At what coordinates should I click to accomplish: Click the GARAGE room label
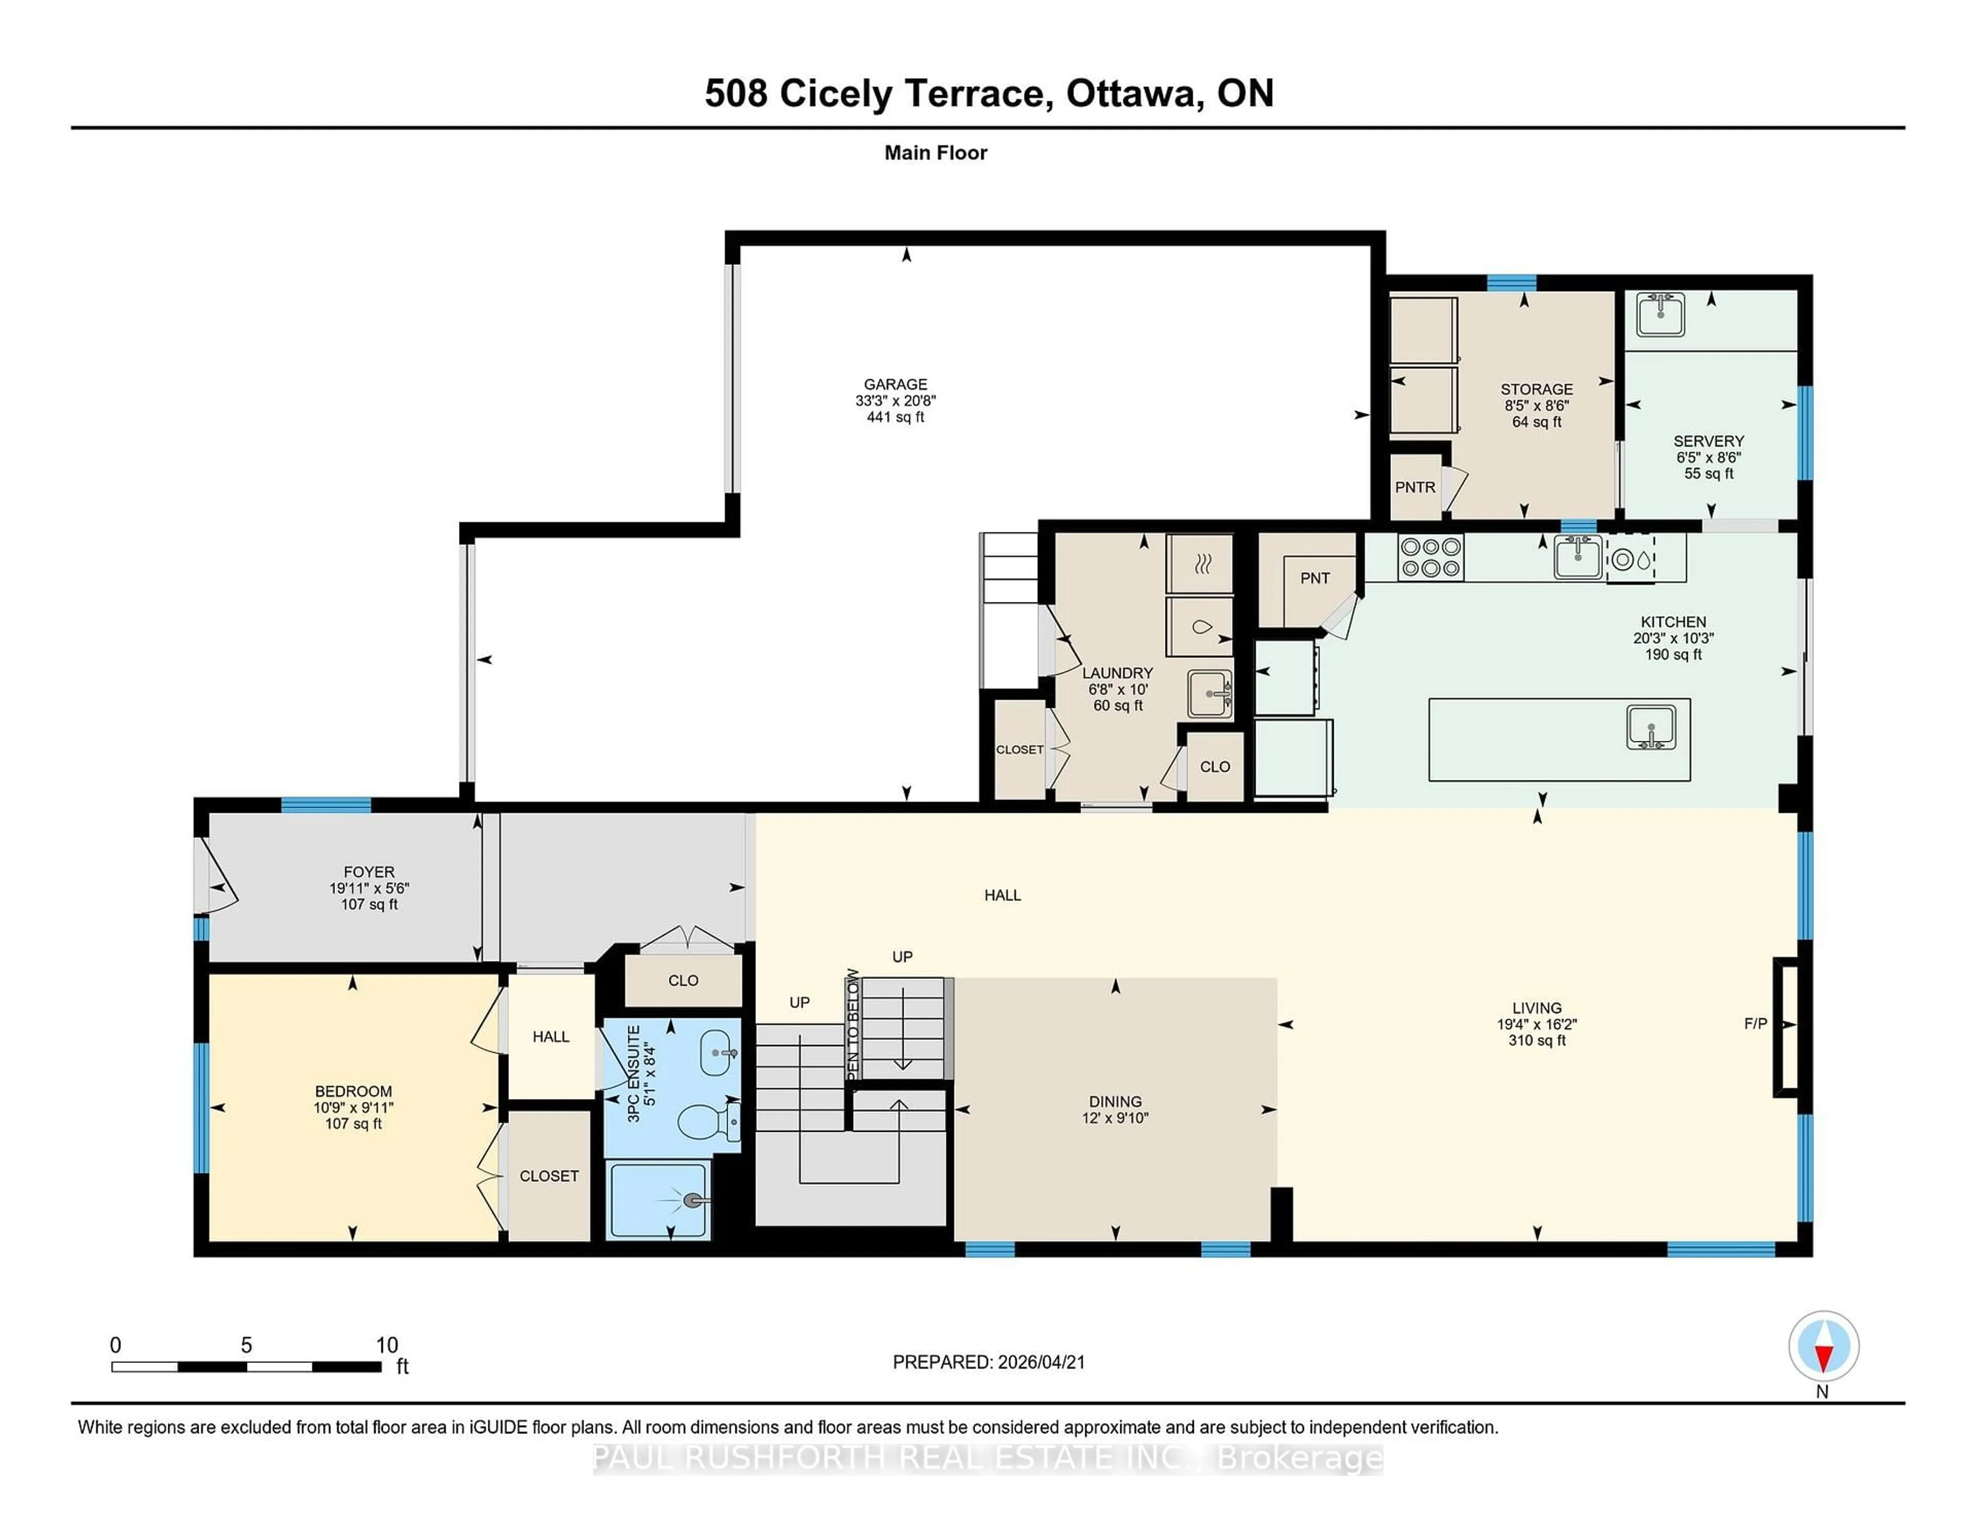pyautogui.click(x=895, y=384)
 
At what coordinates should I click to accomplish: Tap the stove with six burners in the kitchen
pyautogui.click(x=1431, y=557)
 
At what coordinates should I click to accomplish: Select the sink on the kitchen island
pyautogui.click(x=1651, y=727)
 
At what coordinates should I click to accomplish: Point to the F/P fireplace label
pyautogui.click(x=1755, y=1023)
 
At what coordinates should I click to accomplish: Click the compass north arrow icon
pyautogui.click(x=1823, y=1347)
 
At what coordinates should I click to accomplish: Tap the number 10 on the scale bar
pyautogui.click(x=386, y=1345)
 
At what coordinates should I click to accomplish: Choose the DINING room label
pyautogui.click(x=1115, y=1101)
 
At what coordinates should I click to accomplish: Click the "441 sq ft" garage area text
pyautogui.click(x=895, y=417)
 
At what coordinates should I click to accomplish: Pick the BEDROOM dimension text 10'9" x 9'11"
pyautogui.click(x=353, y=1107)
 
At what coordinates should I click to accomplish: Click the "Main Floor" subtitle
pyautogui.click(x=936, y=153)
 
